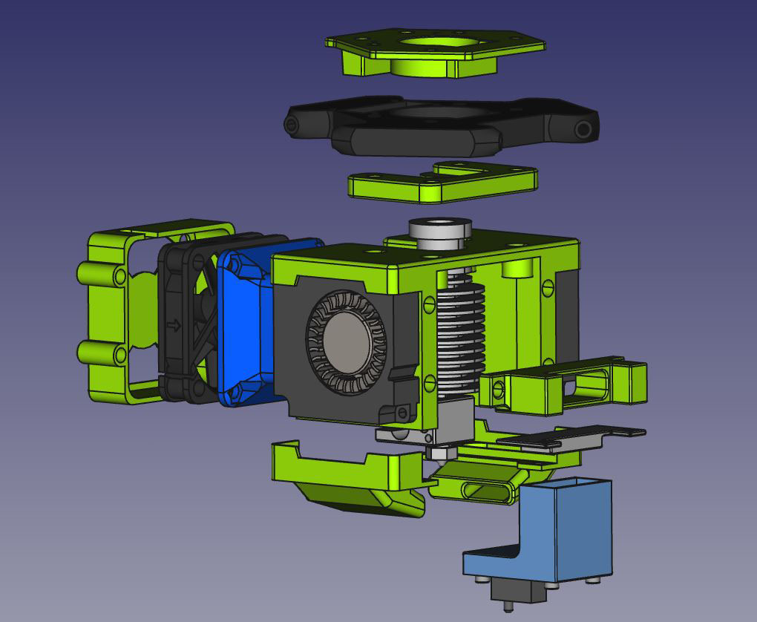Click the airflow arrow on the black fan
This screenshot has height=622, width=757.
point(175,325)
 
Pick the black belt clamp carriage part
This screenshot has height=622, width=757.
point(438,128)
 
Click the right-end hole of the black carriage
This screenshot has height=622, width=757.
point(584,130)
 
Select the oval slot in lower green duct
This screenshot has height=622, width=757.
point(486,491)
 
